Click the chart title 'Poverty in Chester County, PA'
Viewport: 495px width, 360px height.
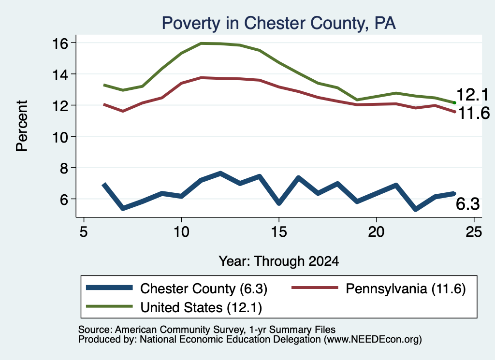278,23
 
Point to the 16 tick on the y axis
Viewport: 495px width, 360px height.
60,43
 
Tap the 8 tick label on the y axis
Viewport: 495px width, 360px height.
64,168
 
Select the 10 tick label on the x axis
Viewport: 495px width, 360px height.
181,232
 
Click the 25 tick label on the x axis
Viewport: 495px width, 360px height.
474,232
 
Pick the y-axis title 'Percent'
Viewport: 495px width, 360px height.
22,126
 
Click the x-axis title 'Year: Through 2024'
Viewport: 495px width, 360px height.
279,261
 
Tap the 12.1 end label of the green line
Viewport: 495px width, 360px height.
473,95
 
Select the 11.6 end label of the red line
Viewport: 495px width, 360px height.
474,113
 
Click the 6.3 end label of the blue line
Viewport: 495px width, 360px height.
467,204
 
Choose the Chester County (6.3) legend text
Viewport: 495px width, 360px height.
204,288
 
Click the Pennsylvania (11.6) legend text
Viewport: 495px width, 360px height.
406,288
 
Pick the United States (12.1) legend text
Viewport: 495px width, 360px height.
201,308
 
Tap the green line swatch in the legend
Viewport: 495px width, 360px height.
109,306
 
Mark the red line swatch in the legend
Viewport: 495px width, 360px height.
315,288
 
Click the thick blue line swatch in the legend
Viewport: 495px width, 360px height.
109,288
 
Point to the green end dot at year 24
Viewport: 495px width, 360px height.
454,102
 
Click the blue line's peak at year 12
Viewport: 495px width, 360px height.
220,173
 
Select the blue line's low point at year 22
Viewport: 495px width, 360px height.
415,209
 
